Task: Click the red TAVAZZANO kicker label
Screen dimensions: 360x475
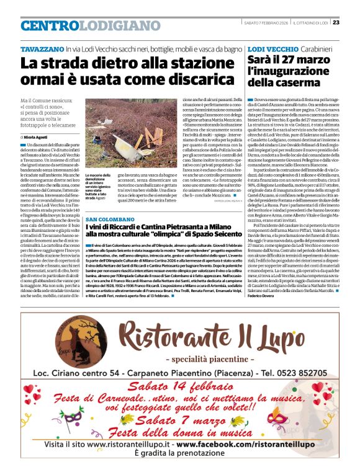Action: point(42,48)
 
